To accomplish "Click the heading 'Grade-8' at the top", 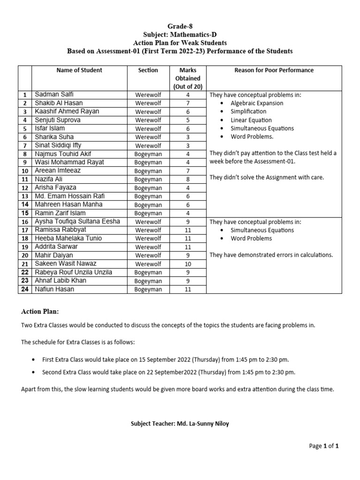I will pos(180,27).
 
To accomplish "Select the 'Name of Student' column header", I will pos(79,70).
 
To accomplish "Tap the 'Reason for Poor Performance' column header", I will pos(274,70).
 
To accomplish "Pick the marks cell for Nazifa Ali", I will pos(187,179).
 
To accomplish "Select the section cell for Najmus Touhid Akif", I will pos(148,154).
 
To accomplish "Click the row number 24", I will pos(24,289).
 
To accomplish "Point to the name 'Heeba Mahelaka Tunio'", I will pos(68,238).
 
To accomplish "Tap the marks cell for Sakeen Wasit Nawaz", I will pos(187,264).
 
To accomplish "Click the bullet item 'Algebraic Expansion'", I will pos(256,103).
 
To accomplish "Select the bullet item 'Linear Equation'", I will pos(251,120).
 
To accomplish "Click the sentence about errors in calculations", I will pos(271,255).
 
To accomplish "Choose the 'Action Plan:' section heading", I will pos(40,312).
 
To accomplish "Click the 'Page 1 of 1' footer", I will pos(323,446).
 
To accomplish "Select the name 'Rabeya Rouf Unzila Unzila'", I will pos(74,272).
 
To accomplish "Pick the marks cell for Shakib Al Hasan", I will pos(187,103).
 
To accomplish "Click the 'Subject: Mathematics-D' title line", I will pos(180,35).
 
